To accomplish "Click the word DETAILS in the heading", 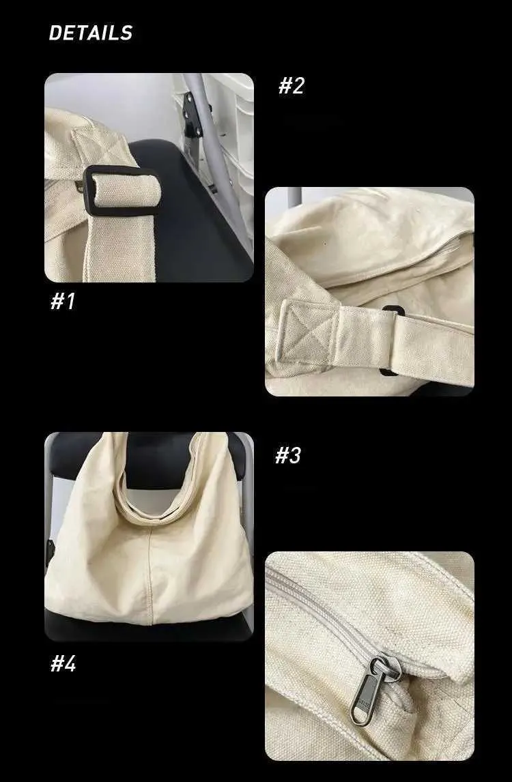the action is point(90,33).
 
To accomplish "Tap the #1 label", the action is point(63,301).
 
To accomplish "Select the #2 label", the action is point(291,85).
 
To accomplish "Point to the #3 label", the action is point(288,455).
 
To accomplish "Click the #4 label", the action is point(63,664).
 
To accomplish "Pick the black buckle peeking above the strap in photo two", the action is point(393,310).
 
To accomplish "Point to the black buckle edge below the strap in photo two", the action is point(388,371).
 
